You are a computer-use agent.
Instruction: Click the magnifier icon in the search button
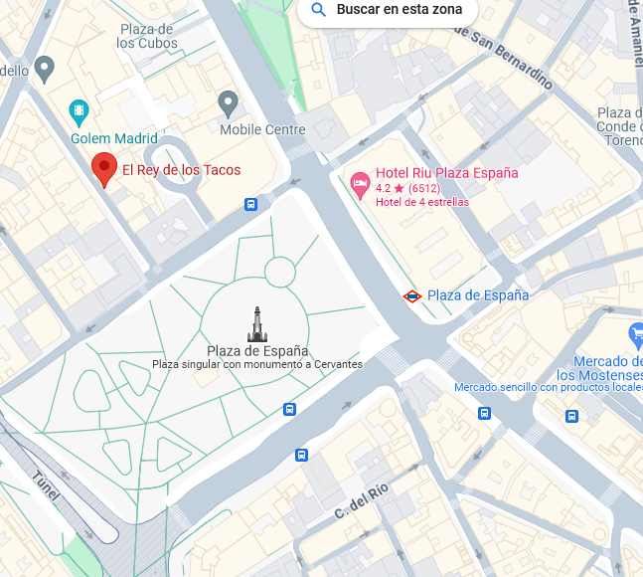point(319,11)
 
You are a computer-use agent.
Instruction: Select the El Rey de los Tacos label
point(181,170)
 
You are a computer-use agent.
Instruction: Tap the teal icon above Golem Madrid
point(79,110)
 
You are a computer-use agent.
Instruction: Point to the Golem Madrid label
point(113,138)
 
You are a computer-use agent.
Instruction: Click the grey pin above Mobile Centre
point(229,101)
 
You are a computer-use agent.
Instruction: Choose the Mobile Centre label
point(262,129)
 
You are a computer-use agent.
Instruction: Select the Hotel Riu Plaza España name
point(446,173)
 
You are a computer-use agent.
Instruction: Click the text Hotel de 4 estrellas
point(422,202)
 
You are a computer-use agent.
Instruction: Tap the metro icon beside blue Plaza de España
point(411,295)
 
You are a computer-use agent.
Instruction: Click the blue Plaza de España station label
point(478,295)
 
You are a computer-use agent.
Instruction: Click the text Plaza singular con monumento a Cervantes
point(256,364)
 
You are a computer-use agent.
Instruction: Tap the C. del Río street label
point(361,500)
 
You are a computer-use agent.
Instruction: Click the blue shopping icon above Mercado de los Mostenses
point(636,334)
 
